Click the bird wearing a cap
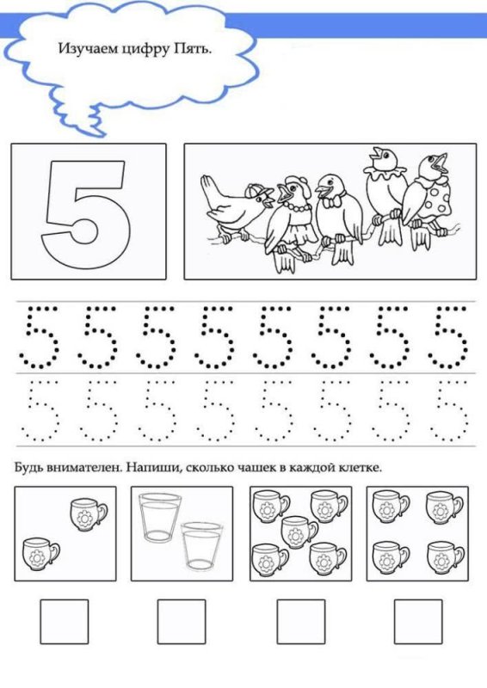237,206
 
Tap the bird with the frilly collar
386,193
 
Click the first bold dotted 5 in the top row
39,336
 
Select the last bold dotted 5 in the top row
448,336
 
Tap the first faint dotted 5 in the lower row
40,410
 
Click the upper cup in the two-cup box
89,513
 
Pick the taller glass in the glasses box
160,518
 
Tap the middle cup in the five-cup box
299,531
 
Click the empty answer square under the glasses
182,621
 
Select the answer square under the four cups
418,621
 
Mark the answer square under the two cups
65,621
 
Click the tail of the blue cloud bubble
96,120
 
